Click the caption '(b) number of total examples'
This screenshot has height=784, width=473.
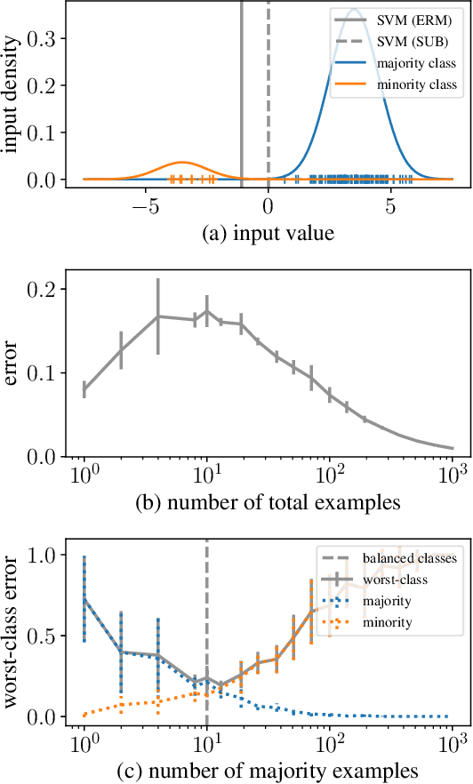click(268, 501)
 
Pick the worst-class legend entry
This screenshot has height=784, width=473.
click(397, 580)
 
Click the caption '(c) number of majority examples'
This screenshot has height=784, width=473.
click(268, 767)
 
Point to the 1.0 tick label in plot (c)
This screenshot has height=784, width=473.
click(45, 555)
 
